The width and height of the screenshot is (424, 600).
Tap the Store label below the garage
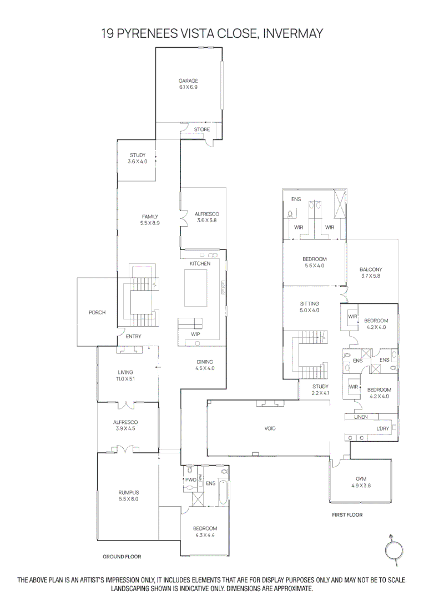tap(202, 129)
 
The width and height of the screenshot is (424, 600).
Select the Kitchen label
tap(200, 263)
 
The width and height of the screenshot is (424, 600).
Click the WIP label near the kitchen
tap(195, 335)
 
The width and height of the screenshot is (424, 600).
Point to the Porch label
tap(97, 313)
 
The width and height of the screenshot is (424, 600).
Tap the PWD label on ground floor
tap(190, 479)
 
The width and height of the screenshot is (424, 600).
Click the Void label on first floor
tap(270, 428)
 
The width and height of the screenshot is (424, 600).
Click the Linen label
tap(361, 417)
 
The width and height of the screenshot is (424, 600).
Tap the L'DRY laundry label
tap(383, 428)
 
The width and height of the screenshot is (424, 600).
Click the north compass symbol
tap(393, 549)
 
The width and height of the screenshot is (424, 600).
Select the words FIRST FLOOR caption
tap(347, 515)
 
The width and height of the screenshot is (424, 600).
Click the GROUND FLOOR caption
tap(122, 556)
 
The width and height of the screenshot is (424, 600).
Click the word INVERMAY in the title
tap(292, 34)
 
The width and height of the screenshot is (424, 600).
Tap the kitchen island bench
tap(197, 287)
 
